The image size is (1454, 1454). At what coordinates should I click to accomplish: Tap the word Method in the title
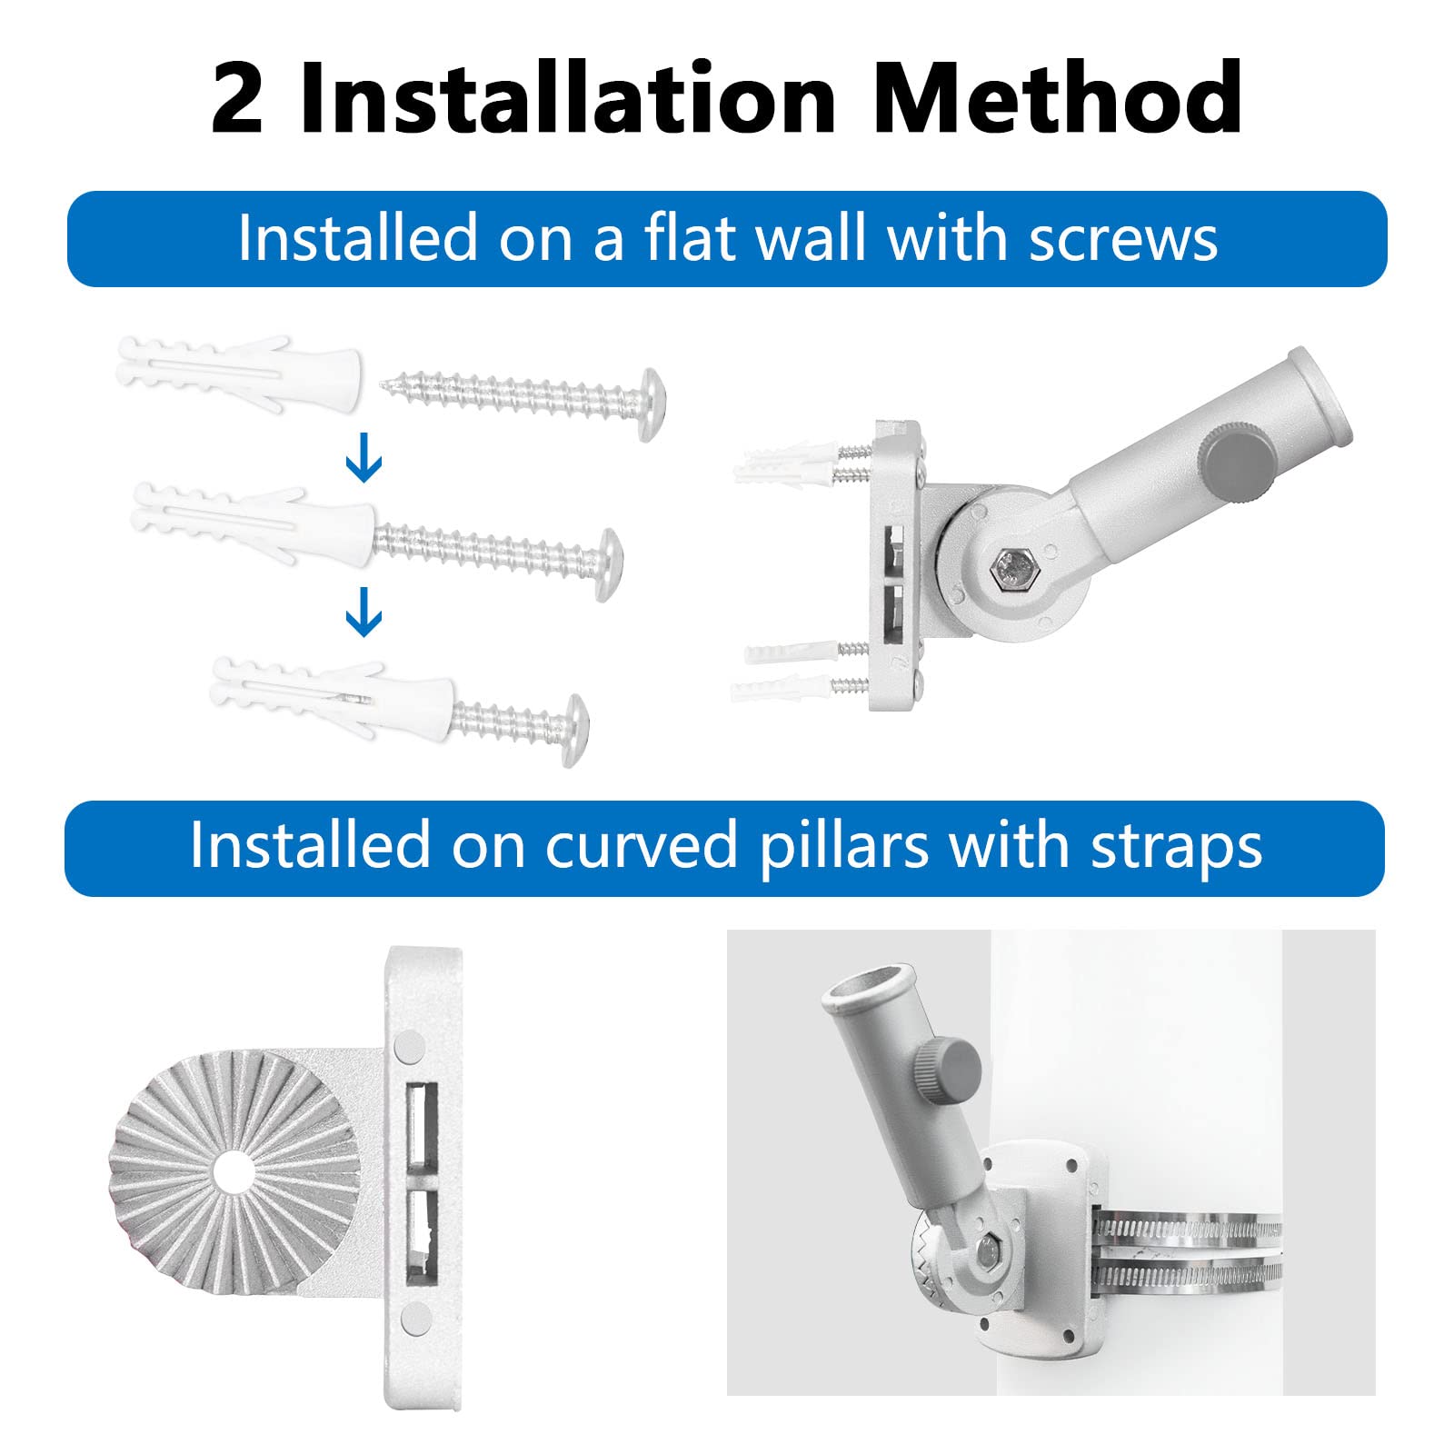[1057, 97]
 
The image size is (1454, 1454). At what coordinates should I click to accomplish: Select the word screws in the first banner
[1123, 239]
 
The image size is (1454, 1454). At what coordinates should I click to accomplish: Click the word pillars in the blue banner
[844, 847]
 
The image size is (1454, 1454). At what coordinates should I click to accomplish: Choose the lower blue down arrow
[363, 612]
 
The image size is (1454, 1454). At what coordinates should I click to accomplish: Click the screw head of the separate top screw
[652, 404]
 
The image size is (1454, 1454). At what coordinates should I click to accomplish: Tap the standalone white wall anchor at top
[240, 373]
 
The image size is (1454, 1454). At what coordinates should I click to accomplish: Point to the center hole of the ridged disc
[234, 1170]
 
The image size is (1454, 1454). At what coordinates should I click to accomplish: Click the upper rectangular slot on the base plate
[423, 1126]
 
